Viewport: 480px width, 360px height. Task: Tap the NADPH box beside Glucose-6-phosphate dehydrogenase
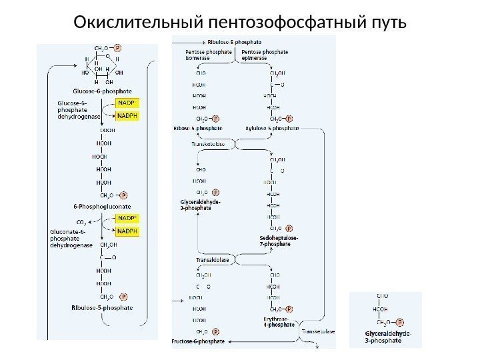128,115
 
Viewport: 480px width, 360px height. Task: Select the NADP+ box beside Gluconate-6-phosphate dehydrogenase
128,218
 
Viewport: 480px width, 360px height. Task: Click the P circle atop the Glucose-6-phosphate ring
117,48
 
